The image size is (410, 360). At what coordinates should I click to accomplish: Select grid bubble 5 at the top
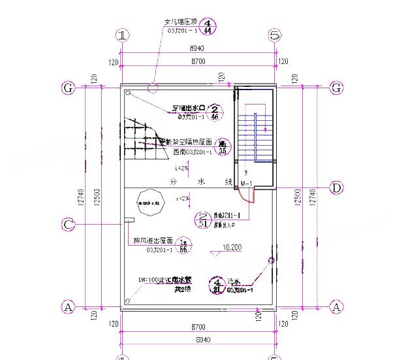(x=275, y=35)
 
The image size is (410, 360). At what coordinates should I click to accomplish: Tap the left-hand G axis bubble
(x=67, y=88)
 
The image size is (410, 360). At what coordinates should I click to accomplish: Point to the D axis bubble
(x=336, y=188)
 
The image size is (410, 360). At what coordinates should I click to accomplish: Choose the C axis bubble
(x=68, y=225)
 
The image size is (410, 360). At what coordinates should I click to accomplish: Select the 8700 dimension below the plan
(x=198, y=326)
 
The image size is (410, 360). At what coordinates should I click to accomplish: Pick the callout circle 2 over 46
(x=215, y=112)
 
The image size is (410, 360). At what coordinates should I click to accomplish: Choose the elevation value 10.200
(x=232, y=248)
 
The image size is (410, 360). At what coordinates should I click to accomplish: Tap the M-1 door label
(x=246, y=184)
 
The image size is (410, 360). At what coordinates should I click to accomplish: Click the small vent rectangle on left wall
(x=129, y=220)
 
